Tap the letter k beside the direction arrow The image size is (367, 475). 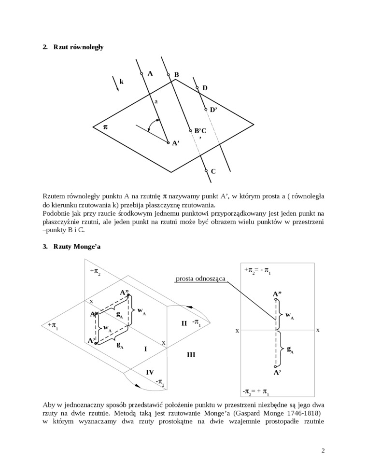122,82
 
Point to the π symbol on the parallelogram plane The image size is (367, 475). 106,126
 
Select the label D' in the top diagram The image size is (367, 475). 213,110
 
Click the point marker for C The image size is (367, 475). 206,170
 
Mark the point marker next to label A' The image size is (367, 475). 168,142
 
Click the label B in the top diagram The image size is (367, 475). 177,75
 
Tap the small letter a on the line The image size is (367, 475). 156,102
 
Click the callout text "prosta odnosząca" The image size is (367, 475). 200,279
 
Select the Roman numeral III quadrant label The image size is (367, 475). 191,355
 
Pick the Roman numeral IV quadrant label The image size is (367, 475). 150,372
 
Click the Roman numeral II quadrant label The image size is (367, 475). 184,323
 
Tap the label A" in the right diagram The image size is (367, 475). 277,293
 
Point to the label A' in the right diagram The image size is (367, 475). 277,373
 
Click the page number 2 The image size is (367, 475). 323,451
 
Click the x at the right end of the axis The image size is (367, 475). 317,330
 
